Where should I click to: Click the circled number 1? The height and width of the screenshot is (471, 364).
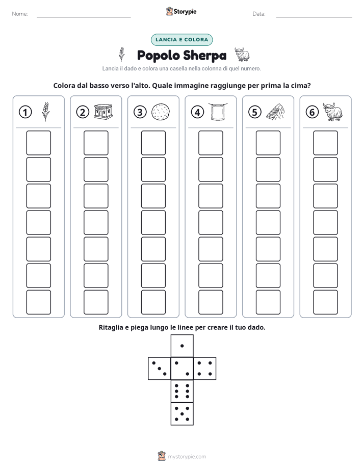pos(25,112)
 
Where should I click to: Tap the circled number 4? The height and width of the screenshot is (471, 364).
pos(197,112)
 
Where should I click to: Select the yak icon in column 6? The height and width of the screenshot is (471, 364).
pos(333,112)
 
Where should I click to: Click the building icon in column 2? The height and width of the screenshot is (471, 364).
pos(103,112)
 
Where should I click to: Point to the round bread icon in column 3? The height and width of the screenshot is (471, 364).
pos(161,112)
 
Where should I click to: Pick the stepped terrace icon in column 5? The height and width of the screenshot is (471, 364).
pos(275,112)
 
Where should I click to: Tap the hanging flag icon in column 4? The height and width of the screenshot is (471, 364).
pos(218,112)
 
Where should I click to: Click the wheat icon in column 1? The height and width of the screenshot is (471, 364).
pos(46,112)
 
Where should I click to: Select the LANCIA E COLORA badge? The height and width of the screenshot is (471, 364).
pos(181,40)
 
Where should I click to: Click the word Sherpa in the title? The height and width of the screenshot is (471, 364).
pos(204,56)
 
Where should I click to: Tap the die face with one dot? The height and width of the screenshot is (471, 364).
pos(182,346)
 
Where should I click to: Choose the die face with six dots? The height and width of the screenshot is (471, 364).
pos(182,391)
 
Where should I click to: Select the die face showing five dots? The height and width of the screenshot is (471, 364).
pos(182,414)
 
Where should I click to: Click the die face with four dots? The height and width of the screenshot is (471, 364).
pos(205,369)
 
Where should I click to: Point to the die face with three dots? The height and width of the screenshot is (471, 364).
pos(160,369)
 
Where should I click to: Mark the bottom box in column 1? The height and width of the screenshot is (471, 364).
pos(38,302)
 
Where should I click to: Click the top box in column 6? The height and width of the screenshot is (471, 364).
pos(326,143)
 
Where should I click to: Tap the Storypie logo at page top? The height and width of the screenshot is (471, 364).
pos(181,11)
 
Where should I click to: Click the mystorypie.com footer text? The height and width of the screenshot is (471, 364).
pos(187,457)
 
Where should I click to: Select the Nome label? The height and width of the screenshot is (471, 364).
pos(20,14)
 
